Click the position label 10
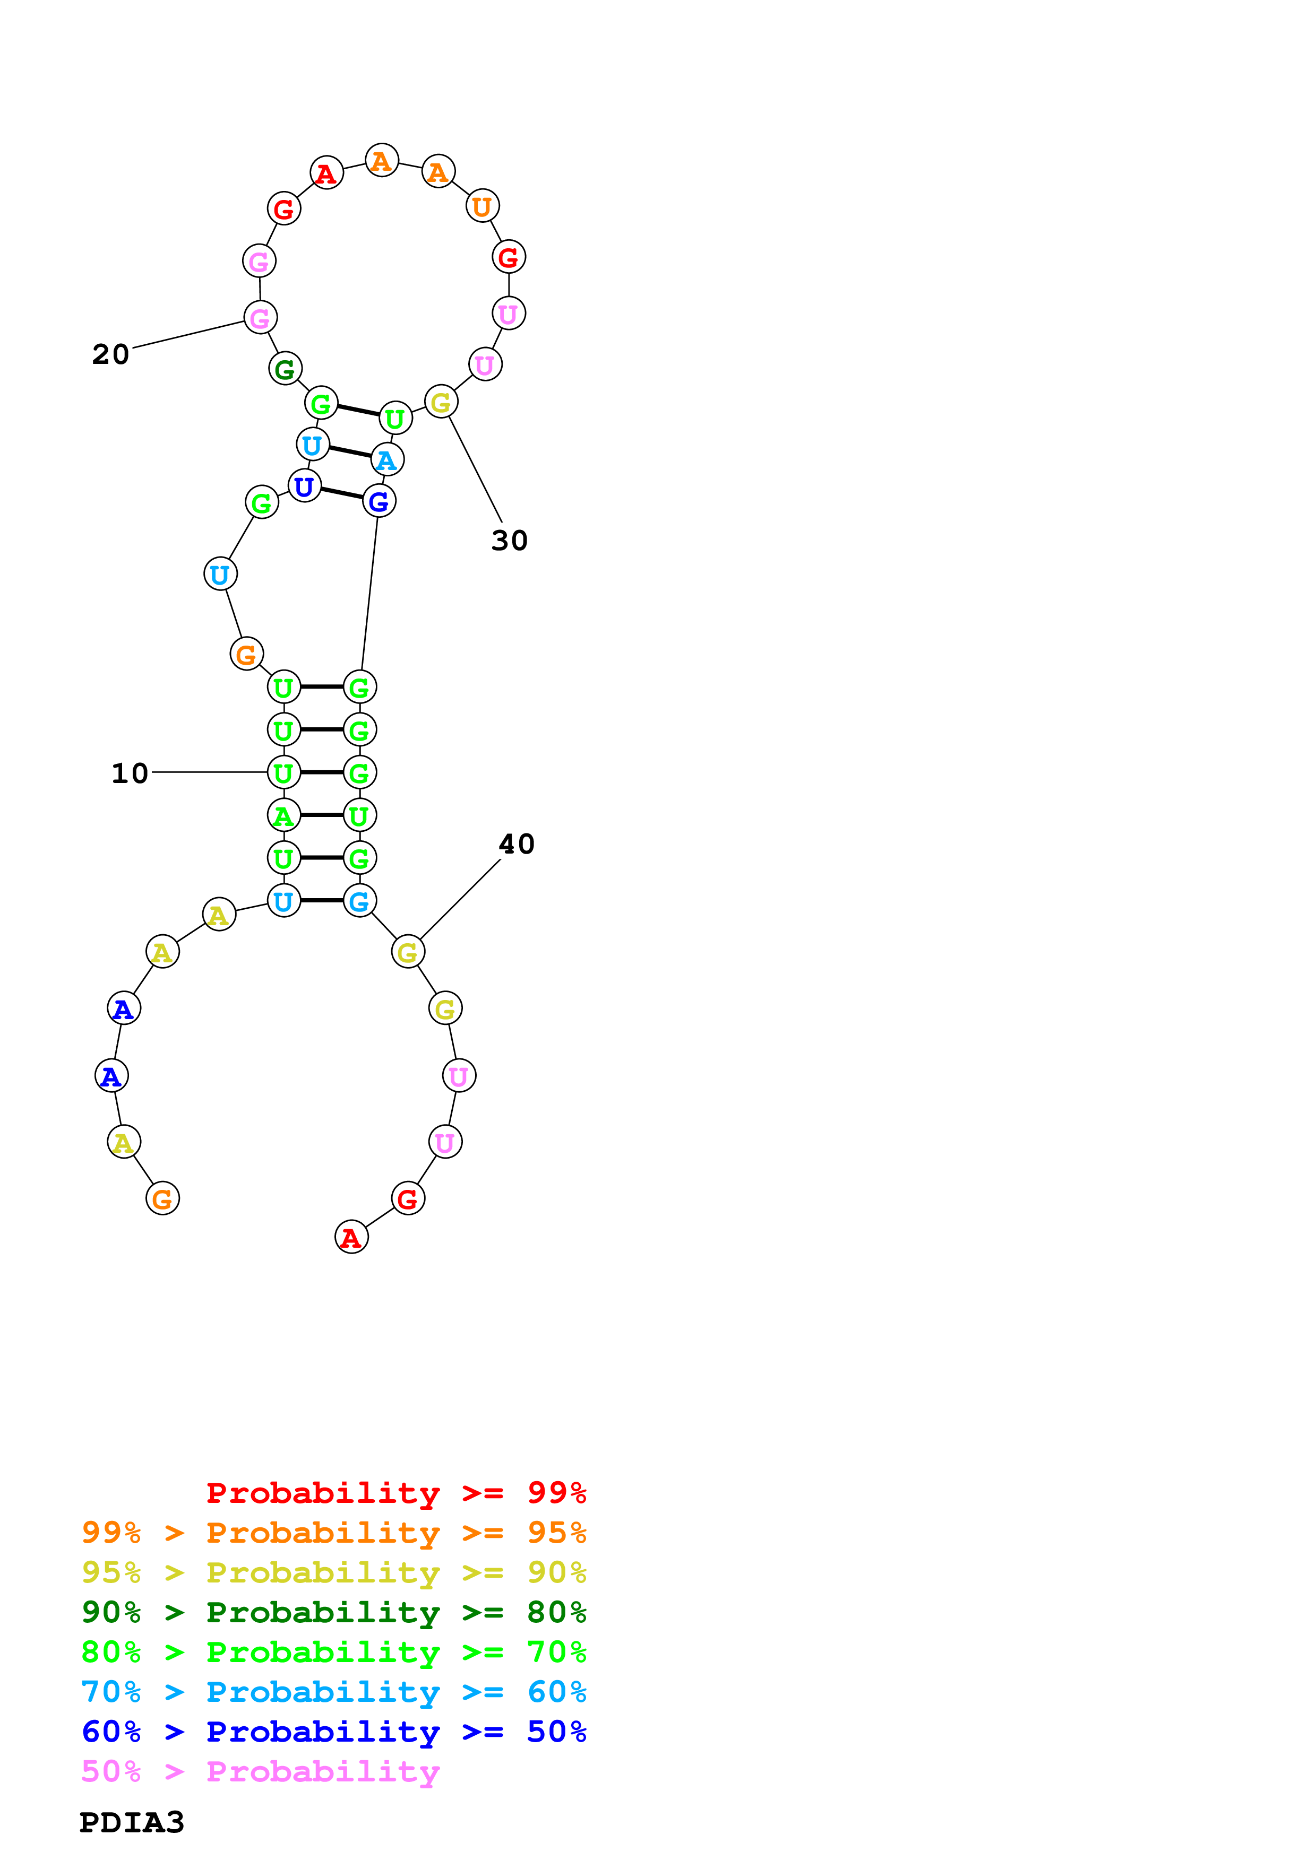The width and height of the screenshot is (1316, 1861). tap(130, 773)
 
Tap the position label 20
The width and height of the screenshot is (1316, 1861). tap(110, 354)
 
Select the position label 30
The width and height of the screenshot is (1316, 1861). tap(509, 541)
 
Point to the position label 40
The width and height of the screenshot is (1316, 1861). tap(517, 845)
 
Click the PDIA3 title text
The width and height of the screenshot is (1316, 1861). tap(131, 1822)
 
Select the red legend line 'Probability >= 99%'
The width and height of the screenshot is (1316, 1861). tap(395, 1492)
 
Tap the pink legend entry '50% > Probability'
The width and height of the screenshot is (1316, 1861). tap(260, 1771)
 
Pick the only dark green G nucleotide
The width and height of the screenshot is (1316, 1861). tap(285, 370)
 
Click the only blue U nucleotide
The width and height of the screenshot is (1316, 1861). tap(304, 486)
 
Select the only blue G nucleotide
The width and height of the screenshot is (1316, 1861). tap(379, 502)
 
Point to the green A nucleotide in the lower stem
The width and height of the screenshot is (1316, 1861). tap(283, 815)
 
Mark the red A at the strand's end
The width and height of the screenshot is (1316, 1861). tap(351, 1238)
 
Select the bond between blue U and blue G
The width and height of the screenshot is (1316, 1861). tap(341, 493)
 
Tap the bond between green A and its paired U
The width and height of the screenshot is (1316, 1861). tap(321, 815)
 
